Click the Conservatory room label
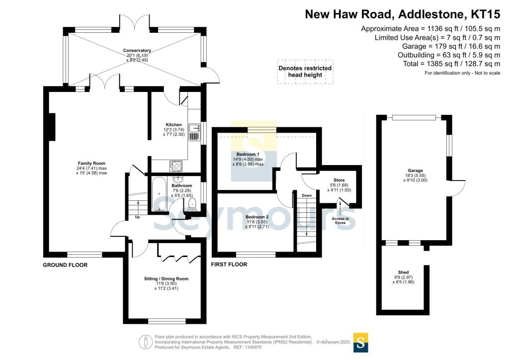point(138,51)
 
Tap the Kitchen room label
point(174,125)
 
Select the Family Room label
point(91,163)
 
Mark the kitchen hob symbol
point(175,166)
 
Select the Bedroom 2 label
point(256,217)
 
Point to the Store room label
point(339,180)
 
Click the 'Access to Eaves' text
point(340,221)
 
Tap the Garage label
point(412,170)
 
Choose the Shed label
point(404,272)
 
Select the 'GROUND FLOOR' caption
point(65,265)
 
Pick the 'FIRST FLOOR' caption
point(229,265)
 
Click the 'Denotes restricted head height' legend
point(305,72)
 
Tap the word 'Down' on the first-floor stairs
point(307,195)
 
